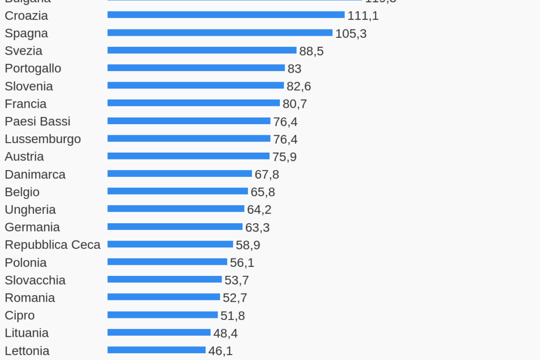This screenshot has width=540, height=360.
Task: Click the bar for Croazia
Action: [x=226, y=15]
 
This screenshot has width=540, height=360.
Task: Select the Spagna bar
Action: [x=220, y=33]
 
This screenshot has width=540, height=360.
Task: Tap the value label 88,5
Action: [x=311, y=51]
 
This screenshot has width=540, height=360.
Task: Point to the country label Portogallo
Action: [x=33, y=68]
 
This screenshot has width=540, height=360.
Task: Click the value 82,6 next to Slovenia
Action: [x=298, y=86]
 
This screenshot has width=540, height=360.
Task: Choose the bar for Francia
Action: [x=194, y=103]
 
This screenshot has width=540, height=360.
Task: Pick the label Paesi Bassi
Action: [x=37, y=122]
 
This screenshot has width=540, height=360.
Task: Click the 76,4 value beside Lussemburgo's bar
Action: [x=285, y=139]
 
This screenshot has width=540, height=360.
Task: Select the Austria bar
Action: [x=188, y=156]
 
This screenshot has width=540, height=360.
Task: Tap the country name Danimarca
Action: [x=35, y=174]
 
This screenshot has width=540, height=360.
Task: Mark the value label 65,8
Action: [x=263, y=192]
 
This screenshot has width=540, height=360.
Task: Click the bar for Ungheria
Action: [x=176, y=209]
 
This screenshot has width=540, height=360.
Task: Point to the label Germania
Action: [x=32, y=227]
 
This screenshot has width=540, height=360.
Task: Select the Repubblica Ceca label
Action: [x=53, y=245]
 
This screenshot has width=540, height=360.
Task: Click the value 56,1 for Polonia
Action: [x=242, y=263]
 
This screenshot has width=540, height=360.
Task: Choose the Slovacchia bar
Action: [x=165, y=279]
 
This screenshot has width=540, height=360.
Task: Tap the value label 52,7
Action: [x=235, y=298]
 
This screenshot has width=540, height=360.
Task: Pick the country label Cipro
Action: [x=19, y=315]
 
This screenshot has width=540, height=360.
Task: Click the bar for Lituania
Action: [x=159, y=333]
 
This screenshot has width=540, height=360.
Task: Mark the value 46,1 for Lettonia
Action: [x=220, y=351]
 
